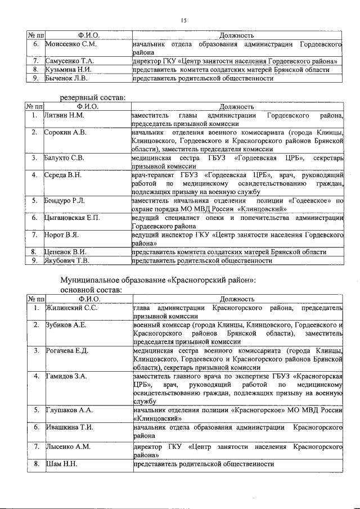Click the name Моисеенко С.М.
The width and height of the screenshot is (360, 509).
coord(71,44)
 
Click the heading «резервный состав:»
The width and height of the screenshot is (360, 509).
coord(93,98)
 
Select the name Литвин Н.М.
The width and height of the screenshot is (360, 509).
coord(64,115)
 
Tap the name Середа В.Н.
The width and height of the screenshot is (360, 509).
coord(63,175)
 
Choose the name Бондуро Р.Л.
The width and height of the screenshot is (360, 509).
coord(66,200)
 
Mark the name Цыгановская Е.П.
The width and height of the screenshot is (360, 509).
coord(72,218)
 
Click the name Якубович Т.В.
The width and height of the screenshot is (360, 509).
coord(69,260)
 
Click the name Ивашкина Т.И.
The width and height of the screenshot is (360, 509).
coord(68,427)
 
